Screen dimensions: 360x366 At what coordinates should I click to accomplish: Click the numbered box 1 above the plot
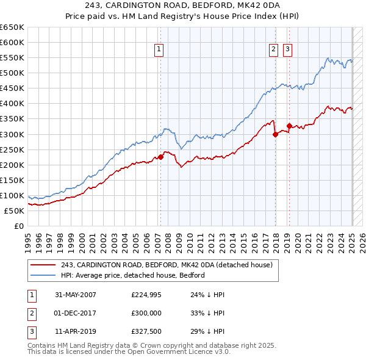[159, 50]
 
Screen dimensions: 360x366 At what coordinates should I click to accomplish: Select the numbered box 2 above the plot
[273, 50]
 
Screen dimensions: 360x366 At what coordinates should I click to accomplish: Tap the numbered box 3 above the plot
[287, 50]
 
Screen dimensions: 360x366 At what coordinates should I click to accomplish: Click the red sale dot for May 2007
[161, 157]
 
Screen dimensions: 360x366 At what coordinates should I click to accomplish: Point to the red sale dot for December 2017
[275, 134]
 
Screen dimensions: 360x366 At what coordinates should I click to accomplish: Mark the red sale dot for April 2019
[289, 126]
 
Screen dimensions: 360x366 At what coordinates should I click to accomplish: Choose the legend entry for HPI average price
[132, 275]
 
